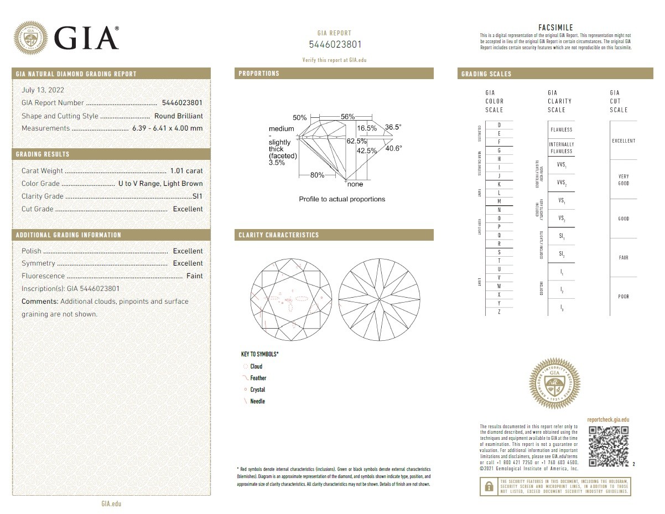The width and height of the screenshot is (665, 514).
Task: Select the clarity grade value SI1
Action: [x=197, y=196]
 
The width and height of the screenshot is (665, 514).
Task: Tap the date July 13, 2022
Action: [x=43, y=90]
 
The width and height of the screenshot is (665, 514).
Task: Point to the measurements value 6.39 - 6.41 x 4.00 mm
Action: [x=167, y=128]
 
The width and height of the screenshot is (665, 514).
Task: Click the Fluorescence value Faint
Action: [x=194, y=276]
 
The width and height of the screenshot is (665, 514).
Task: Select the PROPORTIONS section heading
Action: [x=259, y=74]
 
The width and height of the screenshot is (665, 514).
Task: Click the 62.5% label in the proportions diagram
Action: [x=357, y=141]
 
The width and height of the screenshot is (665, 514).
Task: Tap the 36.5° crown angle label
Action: [x=393, y=127]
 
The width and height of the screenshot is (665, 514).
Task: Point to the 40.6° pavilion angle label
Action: [x=393, y=148]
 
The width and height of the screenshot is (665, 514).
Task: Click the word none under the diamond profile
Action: [x=355, y=184]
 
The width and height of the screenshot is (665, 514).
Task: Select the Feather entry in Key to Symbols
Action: [x=258, y=378]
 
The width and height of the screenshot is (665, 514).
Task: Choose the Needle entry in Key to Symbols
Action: [x=257, y=402]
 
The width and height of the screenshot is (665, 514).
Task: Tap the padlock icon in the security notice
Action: [x=489, y=486]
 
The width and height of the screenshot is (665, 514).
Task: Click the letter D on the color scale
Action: [x=499, y=126]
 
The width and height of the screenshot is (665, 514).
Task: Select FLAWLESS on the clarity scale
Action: [x=561, y=130]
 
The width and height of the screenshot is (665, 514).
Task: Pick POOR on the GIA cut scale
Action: [x=623, y=297]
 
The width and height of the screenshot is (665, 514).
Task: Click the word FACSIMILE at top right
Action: [x=555, y=28]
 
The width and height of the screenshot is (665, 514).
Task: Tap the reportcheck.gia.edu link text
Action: [x=607, y=420]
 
